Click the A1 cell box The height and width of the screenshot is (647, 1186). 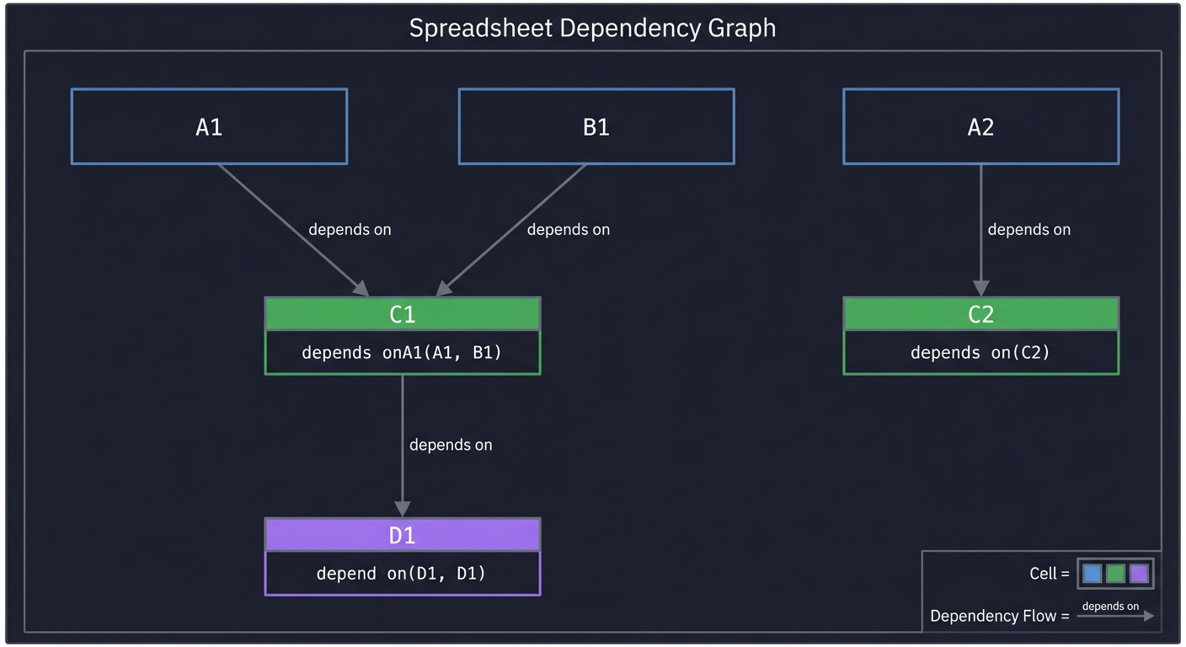209,126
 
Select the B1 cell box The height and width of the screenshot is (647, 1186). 596,126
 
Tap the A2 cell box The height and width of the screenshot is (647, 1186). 980,126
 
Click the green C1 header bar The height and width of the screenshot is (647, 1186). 402,314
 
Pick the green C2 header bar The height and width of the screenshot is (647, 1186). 980,314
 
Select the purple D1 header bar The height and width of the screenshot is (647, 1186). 402,535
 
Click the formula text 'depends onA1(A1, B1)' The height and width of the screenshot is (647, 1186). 402,352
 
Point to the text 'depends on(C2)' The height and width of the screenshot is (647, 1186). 980,352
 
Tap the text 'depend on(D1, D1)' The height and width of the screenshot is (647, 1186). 402,574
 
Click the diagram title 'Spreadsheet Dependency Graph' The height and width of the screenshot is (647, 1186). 592,28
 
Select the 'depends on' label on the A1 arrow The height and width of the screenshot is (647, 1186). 350,229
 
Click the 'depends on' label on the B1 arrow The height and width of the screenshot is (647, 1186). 568,229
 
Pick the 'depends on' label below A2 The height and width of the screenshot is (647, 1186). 1028,229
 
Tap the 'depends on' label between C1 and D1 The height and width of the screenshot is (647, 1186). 451,445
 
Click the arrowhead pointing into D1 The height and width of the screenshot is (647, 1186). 402,509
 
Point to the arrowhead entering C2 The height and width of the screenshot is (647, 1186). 980,288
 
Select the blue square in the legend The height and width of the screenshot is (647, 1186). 1093,574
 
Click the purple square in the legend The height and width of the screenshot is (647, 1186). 1139,574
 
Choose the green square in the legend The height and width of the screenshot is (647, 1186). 1115,574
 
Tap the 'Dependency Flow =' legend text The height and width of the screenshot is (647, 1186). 999,616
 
